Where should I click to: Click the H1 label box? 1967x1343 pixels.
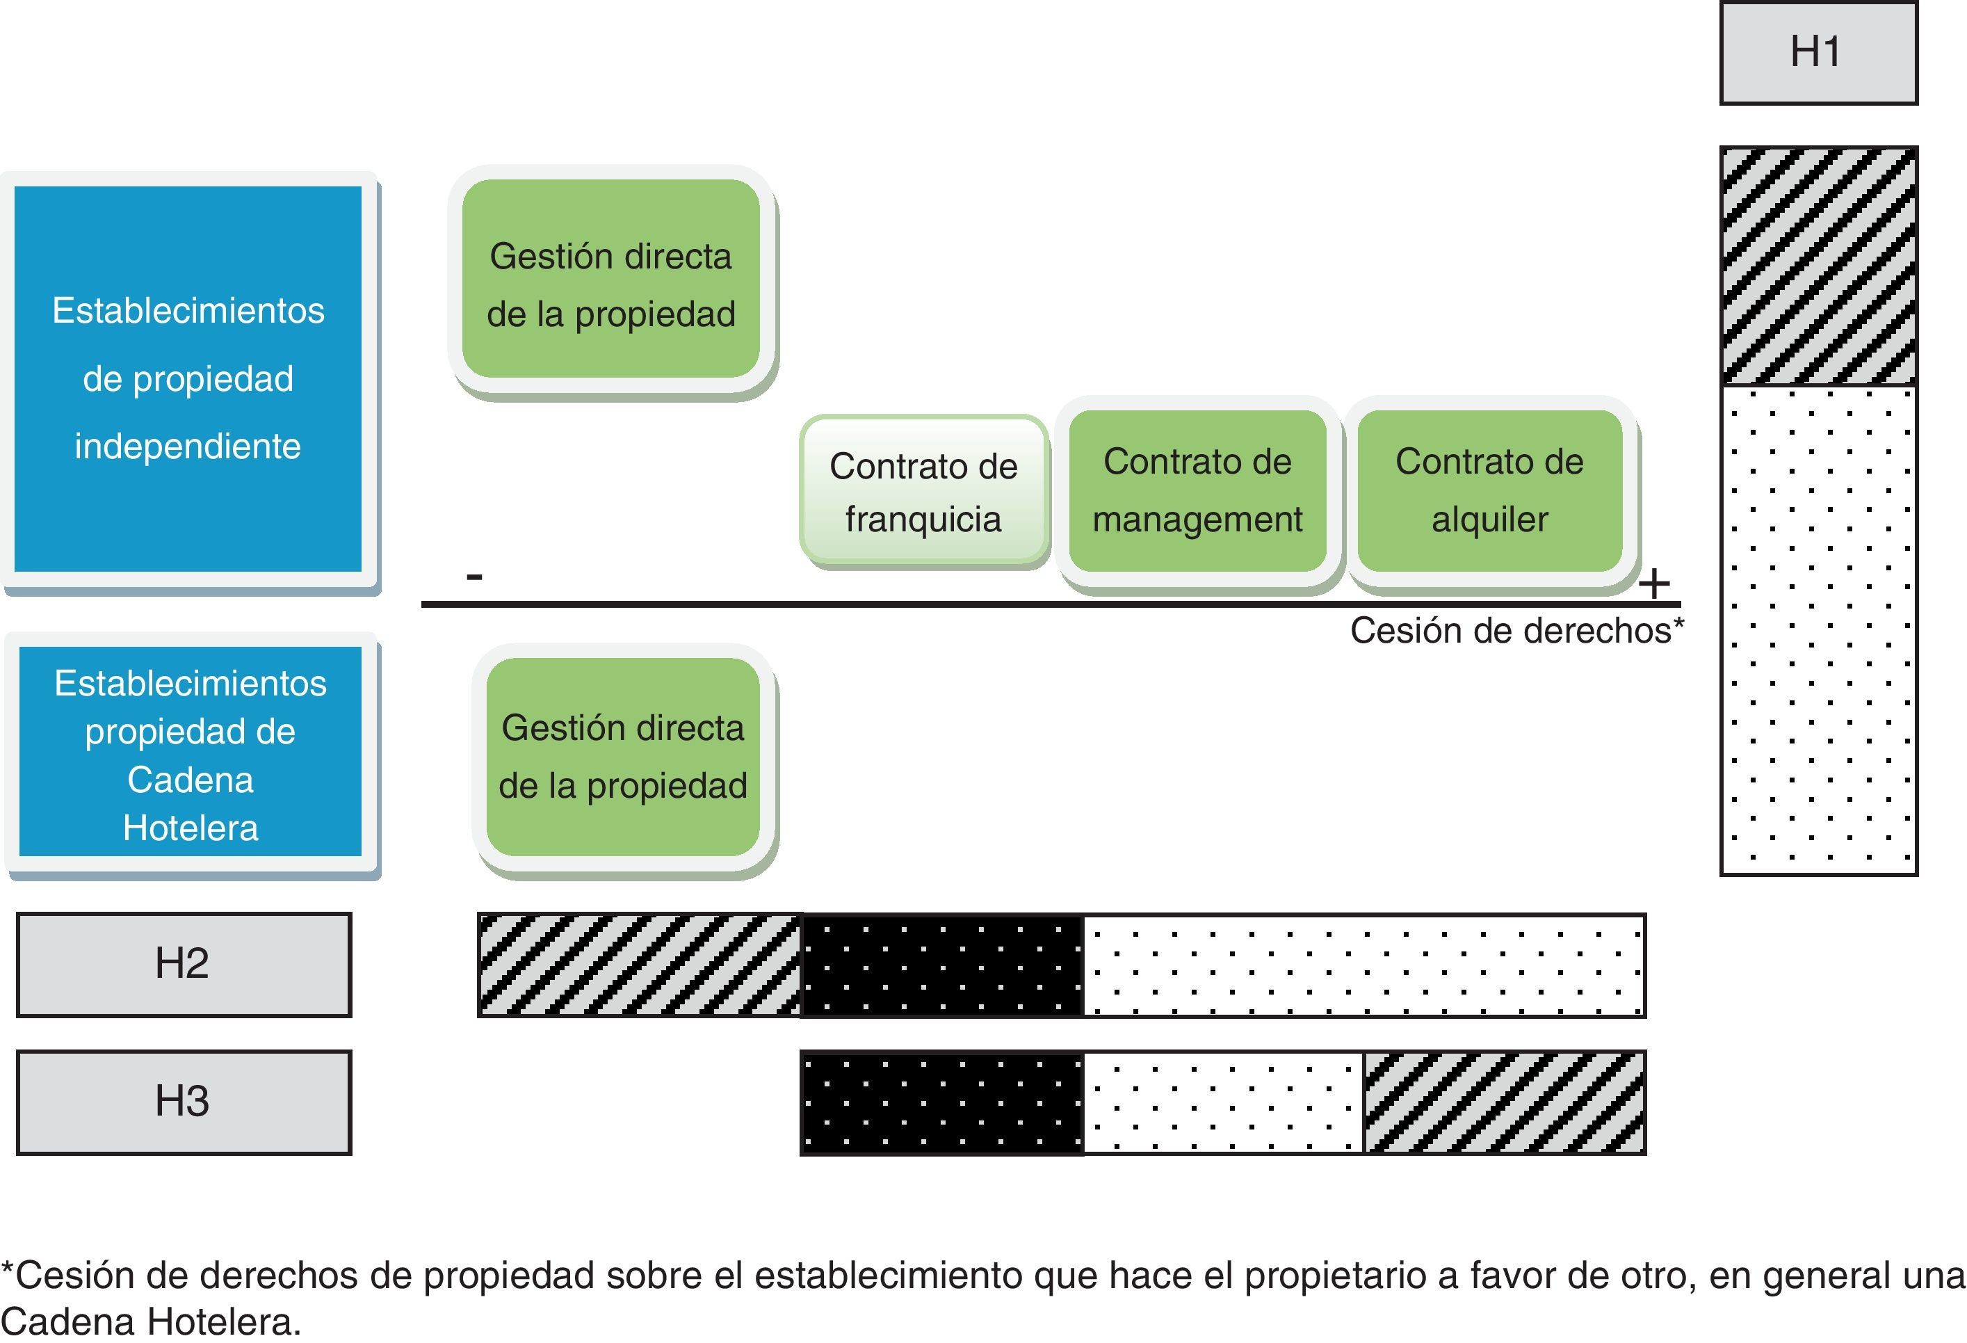point(1818,52)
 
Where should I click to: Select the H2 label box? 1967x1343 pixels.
point(184,964)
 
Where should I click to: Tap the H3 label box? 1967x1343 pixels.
point(184,1102)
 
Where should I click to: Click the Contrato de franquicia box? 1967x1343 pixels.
point(923,491)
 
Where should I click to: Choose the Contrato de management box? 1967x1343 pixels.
point(1197,491)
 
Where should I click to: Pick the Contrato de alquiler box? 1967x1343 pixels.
point(1489,491)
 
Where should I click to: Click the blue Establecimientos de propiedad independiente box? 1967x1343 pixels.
point(188,378)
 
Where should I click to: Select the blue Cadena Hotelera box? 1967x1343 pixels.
point(191,753)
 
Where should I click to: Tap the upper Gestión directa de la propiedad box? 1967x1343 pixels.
point(610,280)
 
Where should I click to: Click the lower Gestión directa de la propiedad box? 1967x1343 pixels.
point(623,756)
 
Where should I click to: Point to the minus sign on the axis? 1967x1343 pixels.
point(474,577)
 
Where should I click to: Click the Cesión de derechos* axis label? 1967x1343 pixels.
point(1516,631)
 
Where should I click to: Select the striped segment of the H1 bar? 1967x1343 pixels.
point(1818,267)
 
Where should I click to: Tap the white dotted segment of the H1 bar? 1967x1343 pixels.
point(1818,631)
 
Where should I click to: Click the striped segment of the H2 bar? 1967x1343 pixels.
point(640,965)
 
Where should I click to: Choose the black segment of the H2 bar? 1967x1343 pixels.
point(942,965)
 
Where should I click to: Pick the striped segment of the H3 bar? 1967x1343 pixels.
point(1504,1102)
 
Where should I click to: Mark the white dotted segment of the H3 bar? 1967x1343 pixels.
point(1223,1102)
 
